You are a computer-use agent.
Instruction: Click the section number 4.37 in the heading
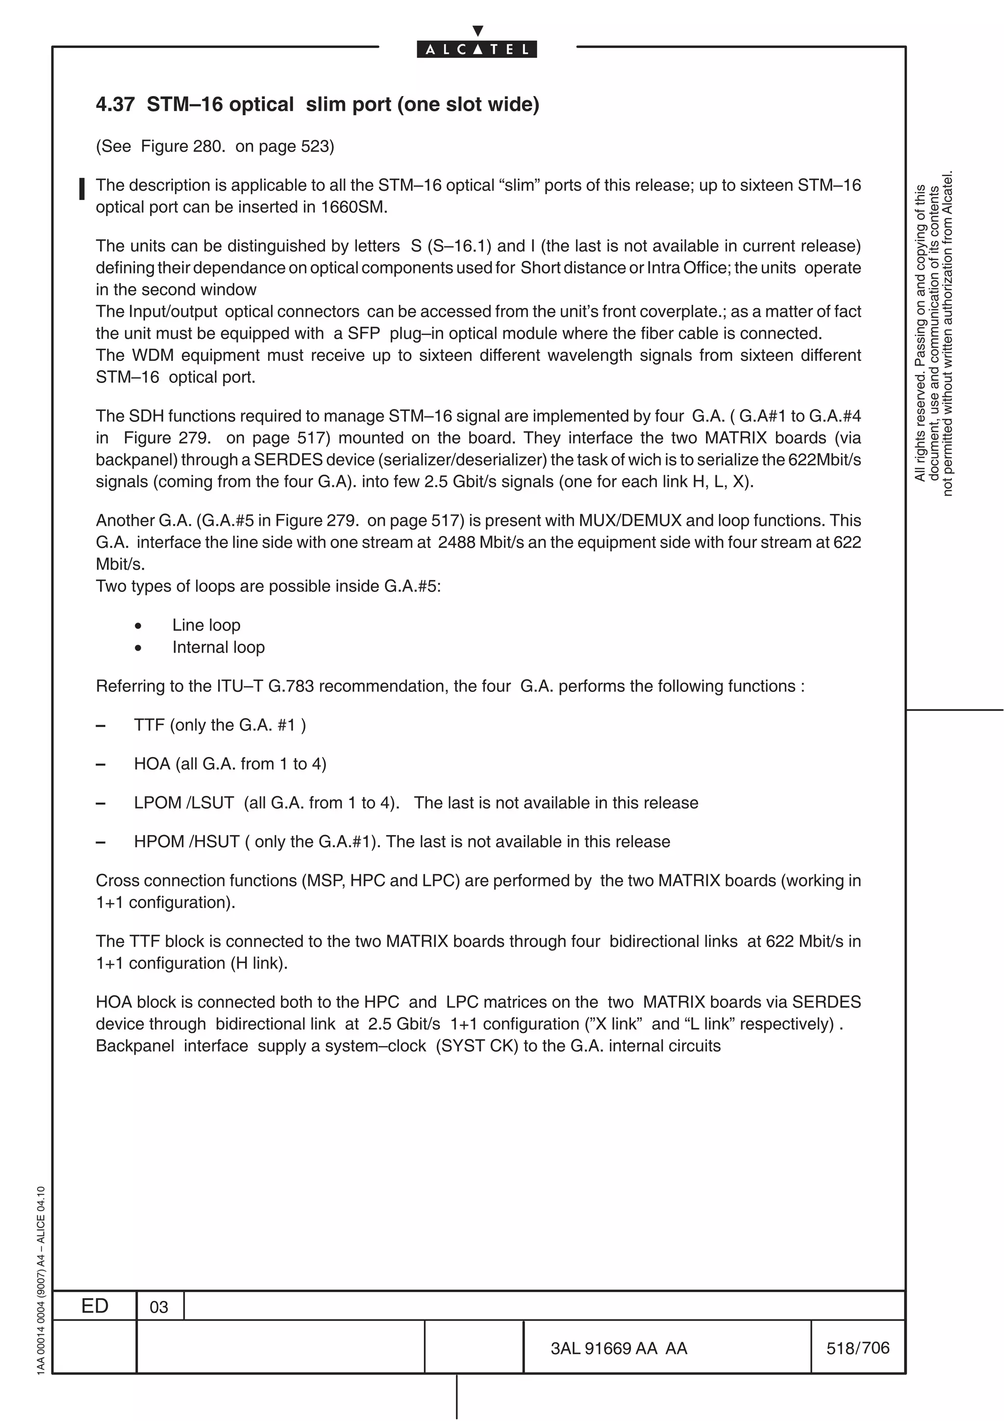coord(115,104)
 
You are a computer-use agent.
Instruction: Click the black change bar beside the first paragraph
coord(82,189)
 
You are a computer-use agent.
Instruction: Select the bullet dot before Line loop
coord(138,626)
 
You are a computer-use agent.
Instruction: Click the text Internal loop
coord(218,647)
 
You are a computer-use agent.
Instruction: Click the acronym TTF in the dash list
coord(149,725)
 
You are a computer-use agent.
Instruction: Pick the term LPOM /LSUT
coord(184,803)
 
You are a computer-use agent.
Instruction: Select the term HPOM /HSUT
coord(186,842)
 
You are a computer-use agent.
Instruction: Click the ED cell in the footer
coord(95,1306)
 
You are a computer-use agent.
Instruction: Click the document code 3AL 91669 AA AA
coord(619,1348)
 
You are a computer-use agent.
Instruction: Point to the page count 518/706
coord(857,1348)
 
